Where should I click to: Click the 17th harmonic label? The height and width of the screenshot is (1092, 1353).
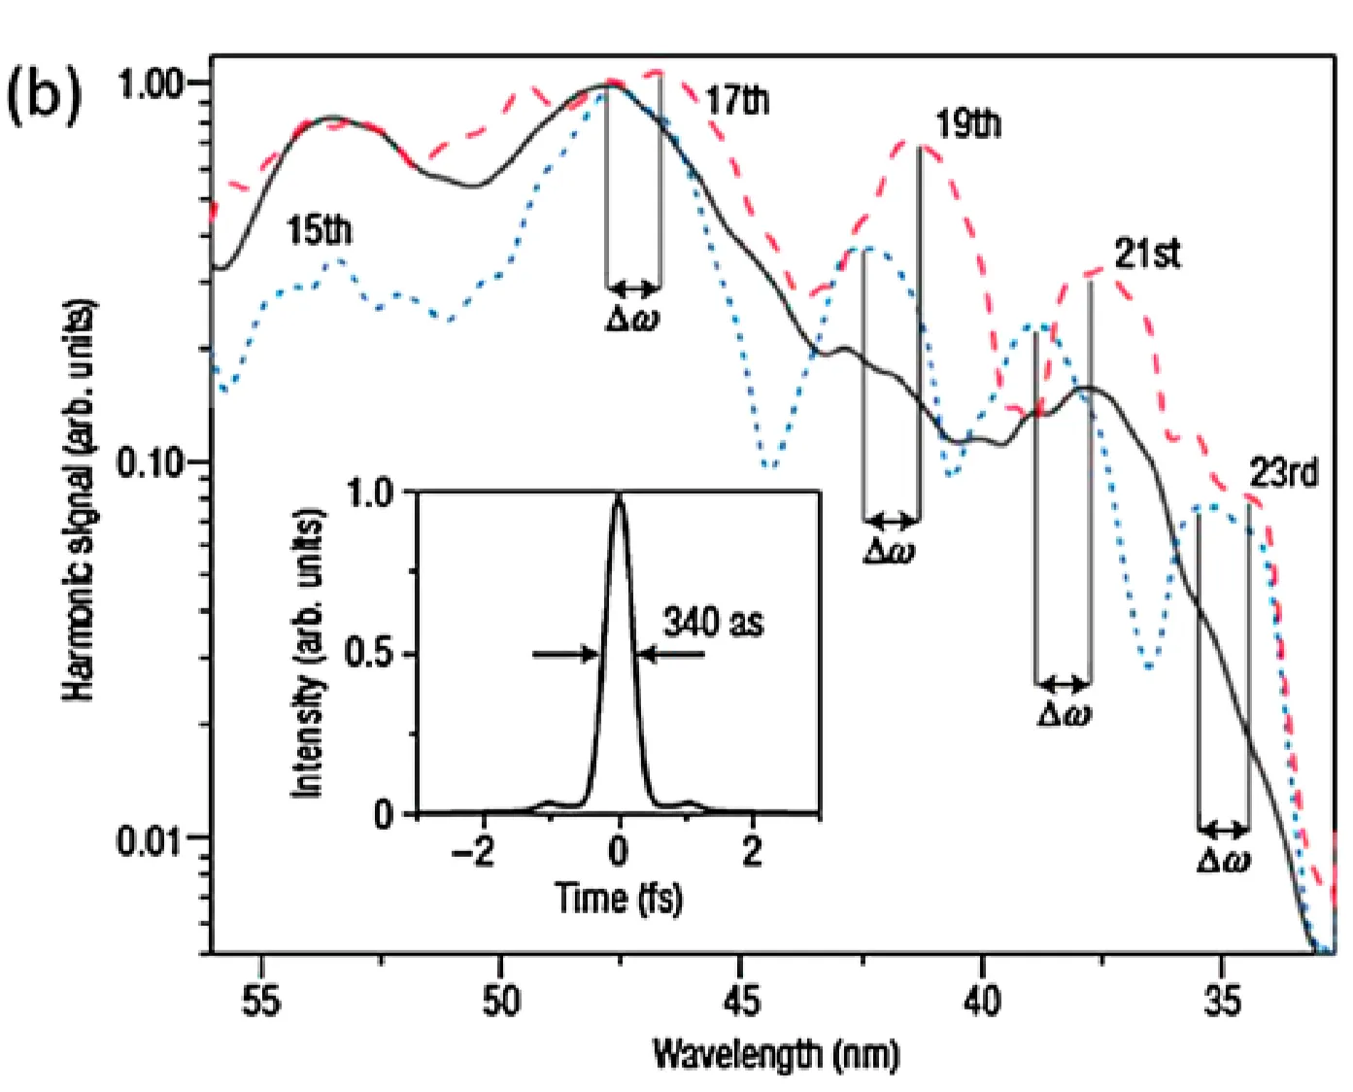point(737,100)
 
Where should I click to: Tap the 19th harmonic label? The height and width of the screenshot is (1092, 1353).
point(967,125)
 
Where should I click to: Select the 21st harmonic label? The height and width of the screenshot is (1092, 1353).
point(1147,255)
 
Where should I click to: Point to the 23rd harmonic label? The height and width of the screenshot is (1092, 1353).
point(1283,474)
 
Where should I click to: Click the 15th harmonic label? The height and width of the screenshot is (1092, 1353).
point(319,231)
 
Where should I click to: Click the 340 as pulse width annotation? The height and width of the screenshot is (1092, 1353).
point(712,622)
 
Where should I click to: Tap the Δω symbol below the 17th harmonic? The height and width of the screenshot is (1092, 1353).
point(631,319)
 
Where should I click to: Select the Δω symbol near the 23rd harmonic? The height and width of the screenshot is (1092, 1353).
point(1223,860)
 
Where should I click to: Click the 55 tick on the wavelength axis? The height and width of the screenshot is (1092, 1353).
point(260,1000)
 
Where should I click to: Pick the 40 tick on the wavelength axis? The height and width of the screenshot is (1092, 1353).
point(981,1000)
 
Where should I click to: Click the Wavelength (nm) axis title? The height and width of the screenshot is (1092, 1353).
point(775,1054)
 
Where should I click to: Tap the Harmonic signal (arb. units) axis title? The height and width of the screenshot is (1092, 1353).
point(80,500)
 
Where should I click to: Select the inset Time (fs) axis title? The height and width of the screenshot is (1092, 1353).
point(618,897)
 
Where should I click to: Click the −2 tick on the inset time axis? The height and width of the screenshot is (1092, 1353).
point(473,851)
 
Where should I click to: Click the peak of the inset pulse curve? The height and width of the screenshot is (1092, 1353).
point(619,497)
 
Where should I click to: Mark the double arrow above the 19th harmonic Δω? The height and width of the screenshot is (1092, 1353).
point(891,522)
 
